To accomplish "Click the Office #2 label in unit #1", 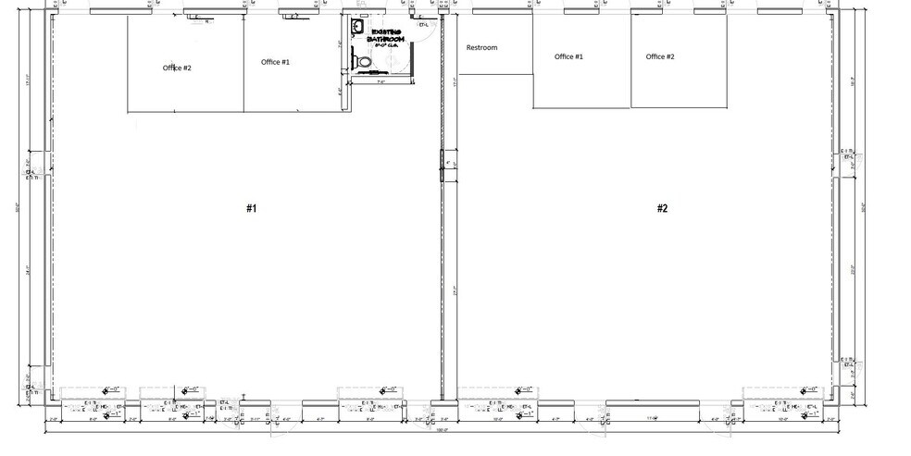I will (x=177, y=68).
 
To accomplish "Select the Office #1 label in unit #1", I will (x=275, y=62).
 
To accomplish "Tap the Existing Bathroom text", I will (x=381, y=39).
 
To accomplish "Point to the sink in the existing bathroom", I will (x=353, y=30).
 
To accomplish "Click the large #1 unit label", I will (x=251, y=208).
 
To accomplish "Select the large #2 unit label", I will (x=662, y=208).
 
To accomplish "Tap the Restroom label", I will (x=481, y=47).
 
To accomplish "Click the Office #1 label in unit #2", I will (x=568, y=56).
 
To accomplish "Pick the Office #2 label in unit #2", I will (x=660, y=56).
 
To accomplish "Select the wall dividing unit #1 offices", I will (x=243, y=65).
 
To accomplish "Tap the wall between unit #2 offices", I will (x=631, y=61).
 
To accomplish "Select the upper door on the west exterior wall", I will (x=31, y=172).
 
